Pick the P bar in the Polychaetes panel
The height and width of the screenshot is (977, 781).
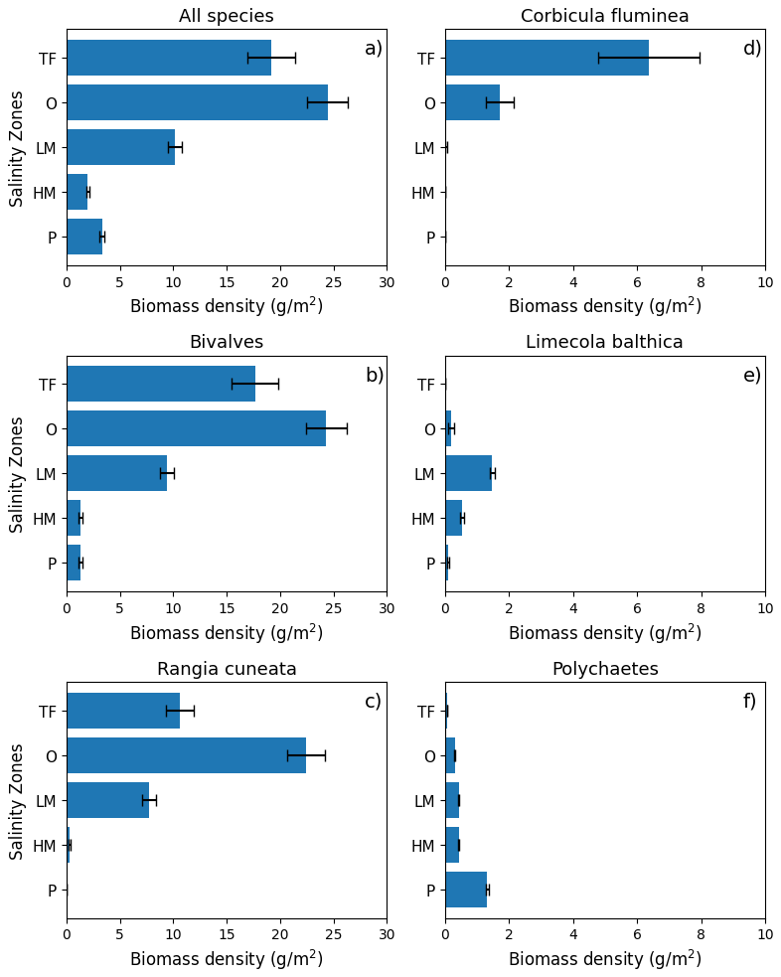466,890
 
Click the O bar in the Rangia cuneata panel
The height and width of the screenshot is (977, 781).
186,755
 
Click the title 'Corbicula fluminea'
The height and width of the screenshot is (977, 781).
604,16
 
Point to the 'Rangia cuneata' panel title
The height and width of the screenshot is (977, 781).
227,669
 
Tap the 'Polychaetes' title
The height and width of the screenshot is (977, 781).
604,669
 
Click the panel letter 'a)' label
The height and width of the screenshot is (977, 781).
373,49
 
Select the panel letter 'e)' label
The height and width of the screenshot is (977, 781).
751,375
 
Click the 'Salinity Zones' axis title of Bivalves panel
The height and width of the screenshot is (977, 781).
17,473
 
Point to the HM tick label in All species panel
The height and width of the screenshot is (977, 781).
44,193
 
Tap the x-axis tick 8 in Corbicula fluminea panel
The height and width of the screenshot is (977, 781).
702,282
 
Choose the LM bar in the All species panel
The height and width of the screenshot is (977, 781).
120,147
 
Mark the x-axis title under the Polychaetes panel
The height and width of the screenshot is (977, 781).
604,959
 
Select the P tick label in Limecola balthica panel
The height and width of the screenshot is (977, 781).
430,564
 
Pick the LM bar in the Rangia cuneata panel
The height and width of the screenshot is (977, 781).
107,800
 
